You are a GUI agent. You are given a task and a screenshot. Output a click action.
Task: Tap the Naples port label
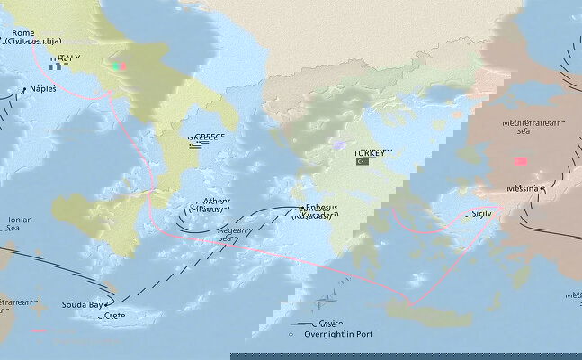click(43, 88)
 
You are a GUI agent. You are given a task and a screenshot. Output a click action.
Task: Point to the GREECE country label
click(205, 139)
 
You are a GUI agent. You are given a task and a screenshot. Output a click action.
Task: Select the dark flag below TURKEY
click(362, 162)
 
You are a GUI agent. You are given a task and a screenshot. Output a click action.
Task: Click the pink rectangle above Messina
click(521, 162)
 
